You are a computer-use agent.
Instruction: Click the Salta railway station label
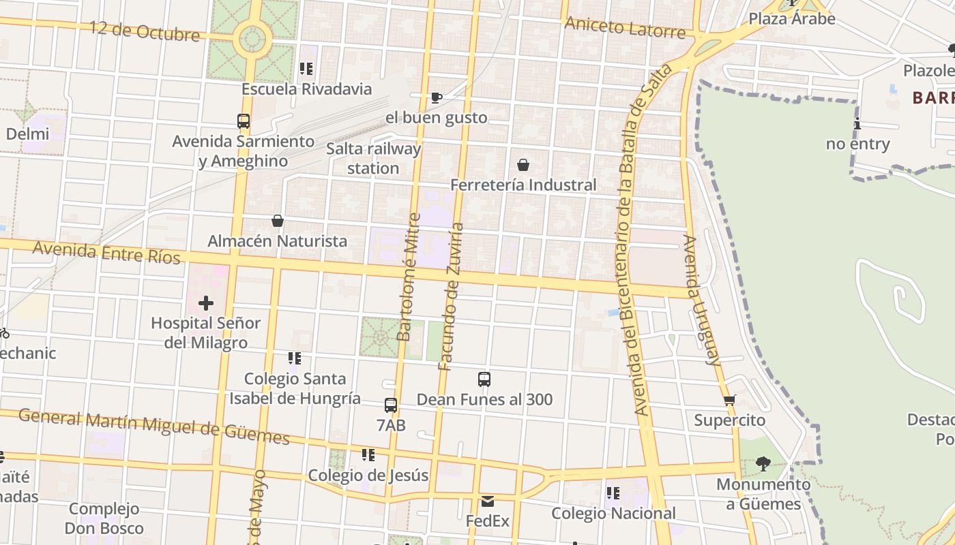tap(373, 158)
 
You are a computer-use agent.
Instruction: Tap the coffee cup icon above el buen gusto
tap(437, 97)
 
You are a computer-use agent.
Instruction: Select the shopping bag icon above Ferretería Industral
tap(523, 164)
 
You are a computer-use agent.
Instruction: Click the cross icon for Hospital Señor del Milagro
tap(206, 303)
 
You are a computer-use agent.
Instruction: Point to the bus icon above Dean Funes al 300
tap(484, 379)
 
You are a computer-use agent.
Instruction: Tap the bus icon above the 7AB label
tap(391, 405)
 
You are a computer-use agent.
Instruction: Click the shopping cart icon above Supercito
tap(729, 400)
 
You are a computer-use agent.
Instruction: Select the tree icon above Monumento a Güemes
tap(763, 464)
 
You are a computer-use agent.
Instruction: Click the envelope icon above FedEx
tap(488, 501)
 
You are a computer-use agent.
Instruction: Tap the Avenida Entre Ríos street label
tap(106, 252)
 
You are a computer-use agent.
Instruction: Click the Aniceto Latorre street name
tap(625, 27)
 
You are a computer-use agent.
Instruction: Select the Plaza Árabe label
tap(792, 18)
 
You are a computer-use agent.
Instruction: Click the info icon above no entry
tap(857, 124)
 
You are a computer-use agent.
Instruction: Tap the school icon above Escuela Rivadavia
tap(306, 69)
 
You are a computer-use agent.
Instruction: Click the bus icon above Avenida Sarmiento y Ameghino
tap(244, 121)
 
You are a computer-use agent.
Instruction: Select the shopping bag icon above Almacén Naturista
tap(278, 221)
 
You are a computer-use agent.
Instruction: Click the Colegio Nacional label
tap(613, 513)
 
